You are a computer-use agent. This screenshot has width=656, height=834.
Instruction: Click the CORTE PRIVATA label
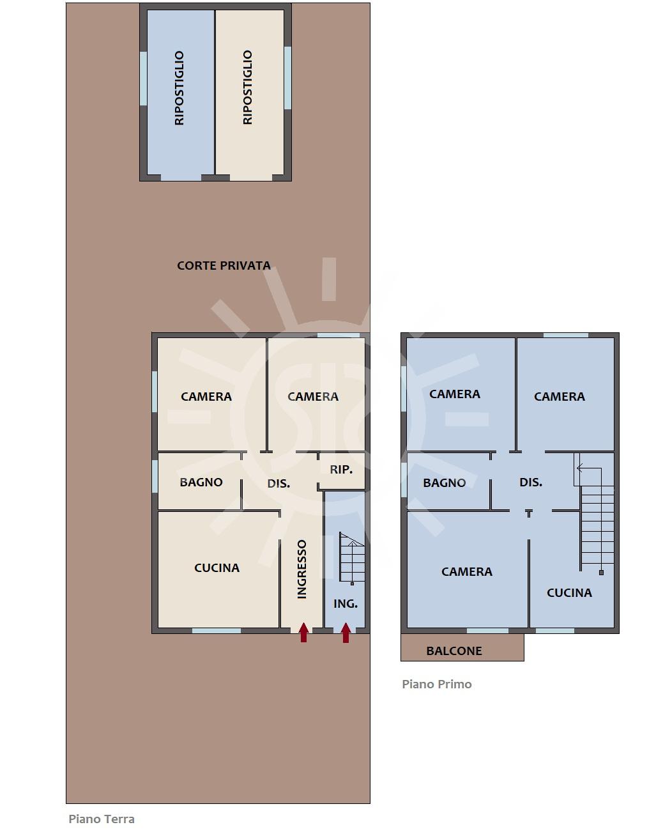224,265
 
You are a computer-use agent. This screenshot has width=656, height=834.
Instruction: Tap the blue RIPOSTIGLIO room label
179,88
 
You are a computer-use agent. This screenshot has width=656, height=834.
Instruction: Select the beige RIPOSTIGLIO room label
247,88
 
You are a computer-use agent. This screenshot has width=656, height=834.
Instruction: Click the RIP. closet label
341,470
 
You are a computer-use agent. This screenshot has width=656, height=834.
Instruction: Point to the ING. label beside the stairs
345,603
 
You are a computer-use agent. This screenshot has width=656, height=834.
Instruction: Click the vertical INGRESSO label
301,569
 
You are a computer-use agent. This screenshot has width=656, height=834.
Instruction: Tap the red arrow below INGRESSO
304,632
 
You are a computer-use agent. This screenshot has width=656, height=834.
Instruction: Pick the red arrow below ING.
346,632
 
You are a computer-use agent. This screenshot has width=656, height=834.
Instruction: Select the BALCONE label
454,651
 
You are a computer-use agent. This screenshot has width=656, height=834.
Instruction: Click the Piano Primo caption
437,684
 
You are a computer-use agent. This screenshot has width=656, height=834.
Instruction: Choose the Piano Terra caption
102,819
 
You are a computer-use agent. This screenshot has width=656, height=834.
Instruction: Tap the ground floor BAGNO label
201,482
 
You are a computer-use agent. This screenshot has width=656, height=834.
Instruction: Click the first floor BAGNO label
445,483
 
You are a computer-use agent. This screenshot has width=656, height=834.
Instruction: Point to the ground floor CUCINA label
217,568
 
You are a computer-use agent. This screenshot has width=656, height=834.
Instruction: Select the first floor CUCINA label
569,592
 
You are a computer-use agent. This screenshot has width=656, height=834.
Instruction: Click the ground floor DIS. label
278,484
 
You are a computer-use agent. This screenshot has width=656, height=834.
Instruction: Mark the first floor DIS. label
531,482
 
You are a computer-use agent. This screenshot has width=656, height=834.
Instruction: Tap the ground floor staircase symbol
352,558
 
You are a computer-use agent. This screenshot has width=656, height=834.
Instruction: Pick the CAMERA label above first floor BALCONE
467,571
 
